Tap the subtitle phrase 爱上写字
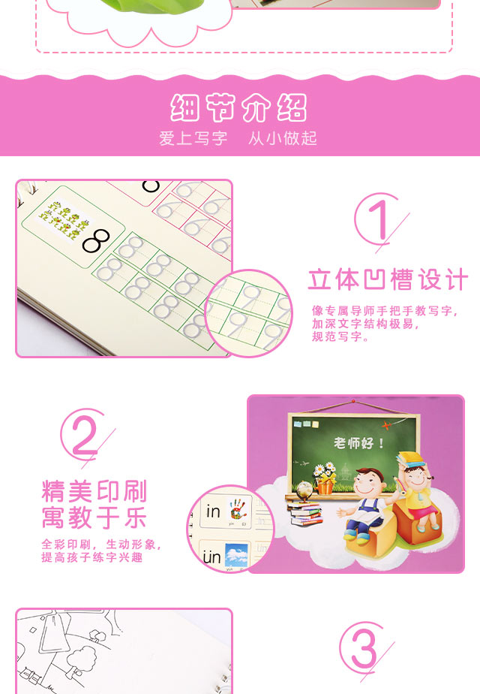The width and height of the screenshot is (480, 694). click(193, 138)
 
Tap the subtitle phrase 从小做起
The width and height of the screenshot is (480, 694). click(283, 138)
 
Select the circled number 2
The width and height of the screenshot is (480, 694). click(85, 433)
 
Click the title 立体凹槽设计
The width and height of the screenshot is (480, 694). click(388, 279)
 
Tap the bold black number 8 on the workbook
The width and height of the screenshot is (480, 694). click(97, 240)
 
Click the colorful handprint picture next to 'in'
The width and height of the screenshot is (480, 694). click(238, 512)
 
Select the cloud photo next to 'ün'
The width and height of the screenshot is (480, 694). click(236, 557)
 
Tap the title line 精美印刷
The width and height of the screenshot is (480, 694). click(94, 492)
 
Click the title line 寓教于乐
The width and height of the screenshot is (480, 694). click(94, 518)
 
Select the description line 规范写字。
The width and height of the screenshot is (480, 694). click(340, 338)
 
